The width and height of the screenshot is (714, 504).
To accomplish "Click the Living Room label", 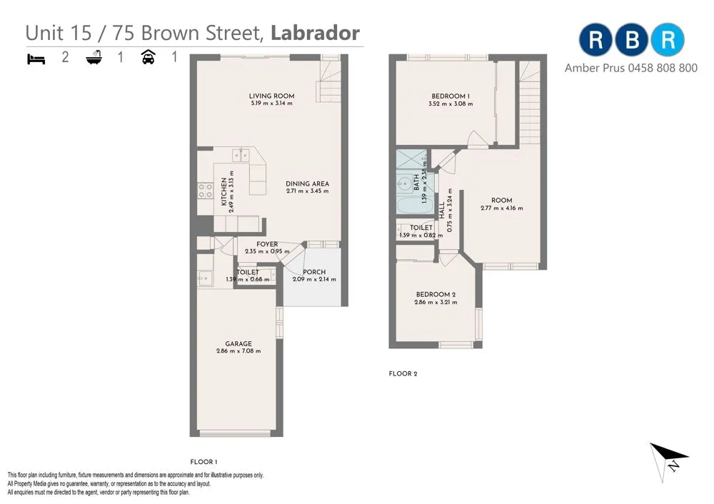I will (271, 96).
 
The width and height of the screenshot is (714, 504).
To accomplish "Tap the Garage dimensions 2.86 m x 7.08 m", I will (238, 351).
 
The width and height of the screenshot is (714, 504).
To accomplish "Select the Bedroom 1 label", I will (451, 96).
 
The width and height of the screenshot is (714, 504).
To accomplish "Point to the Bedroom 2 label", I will (436, 295).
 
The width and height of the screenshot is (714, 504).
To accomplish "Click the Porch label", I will (314, 272).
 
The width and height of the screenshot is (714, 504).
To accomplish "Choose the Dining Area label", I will (308, 183).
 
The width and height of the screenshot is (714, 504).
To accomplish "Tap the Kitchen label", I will (223, 192).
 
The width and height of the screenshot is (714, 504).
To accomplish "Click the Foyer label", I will (267, 244).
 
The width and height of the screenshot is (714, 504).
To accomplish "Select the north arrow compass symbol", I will (669, 457).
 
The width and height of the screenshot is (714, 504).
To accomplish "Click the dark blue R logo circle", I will (595, 40).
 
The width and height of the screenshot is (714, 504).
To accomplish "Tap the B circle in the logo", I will (632, 40).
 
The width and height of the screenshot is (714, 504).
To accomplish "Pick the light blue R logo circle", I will (668, 40).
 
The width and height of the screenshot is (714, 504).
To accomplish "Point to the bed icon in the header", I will (36, 58).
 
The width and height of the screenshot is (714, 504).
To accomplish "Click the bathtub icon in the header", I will (94, 58).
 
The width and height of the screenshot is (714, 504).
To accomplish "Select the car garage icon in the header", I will (149, 57).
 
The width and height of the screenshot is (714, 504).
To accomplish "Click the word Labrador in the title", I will (315, 33).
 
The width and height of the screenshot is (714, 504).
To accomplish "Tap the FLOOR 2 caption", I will (403, 373).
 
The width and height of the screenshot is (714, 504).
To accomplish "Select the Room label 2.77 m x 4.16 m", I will (501, 201).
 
